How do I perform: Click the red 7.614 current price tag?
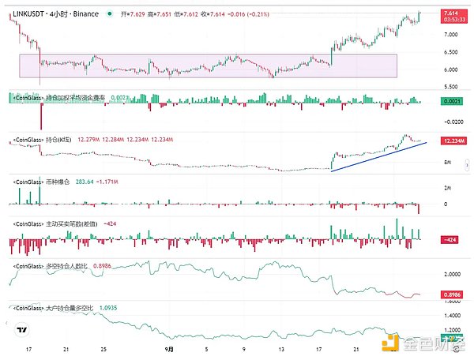[x=451, y=13]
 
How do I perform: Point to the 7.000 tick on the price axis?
[x=451, y=35]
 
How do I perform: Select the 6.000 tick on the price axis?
[x=451, y=70]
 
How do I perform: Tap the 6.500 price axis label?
[x=451, y=53]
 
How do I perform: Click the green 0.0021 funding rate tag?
[x=451, y=102]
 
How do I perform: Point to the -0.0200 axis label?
[x=451, y=121]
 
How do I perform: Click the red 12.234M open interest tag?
[x=451, y=141]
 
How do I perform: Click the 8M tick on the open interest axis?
[x=447, y=161]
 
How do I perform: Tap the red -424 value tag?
[x=451, y=238]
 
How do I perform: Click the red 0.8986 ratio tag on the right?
[x=451, y=294]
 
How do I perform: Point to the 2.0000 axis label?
[x=451, y=275]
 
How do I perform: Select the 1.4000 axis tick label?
[x=451, y=313]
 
